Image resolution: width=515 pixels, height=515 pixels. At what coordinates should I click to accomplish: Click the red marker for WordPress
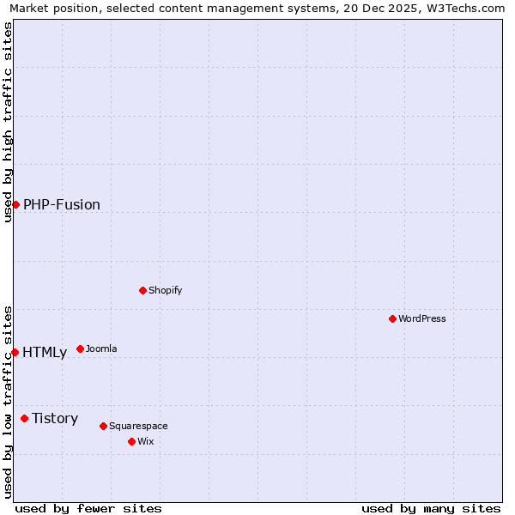pos(392,318)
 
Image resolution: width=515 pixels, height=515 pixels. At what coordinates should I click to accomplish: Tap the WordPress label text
pos(421,318)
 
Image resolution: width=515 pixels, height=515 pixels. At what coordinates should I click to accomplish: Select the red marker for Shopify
pos(142,290)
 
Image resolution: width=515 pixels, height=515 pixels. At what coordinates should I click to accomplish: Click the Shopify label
pos(165,290)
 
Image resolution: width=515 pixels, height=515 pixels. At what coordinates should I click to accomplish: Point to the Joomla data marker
pos(80,348)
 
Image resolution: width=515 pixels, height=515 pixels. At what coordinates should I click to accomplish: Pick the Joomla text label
pos(101,348)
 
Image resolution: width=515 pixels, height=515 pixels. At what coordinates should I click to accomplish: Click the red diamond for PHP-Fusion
pos(15,204)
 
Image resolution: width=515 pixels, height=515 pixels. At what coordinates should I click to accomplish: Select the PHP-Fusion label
pos(62,204)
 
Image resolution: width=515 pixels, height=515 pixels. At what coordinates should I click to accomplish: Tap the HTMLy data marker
pos(15,352)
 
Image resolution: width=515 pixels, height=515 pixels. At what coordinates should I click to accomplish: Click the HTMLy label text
pos(45,352)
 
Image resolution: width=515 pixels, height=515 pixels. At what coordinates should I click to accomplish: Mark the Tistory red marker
pos(24,418)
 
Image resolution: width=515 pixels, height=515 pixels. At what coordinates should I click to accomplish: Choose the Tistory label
pos(55,418)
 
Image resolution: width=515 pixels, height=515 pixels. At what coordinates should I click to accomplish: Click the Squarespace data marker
pos(103,426)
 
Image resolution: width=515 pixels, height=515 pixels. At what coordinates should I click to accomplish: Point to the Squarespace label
pos(138,426)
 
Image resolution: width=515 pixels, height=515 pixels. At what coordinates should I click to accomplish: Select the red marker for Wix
pos(131,441)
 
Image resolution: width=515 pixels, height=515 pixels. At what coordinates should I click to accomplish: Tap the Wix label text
pos(146,441)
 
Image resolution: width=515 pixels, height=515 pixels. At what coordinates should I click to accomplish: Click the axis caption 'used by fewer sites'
pos(88,508)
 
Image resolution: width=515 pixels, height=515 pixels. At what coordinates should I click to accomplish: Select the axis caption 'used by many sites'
pos(431,508)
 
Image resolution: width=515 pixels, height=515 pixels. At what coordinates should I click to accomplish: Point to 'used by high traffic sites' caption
pos(8,122)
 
